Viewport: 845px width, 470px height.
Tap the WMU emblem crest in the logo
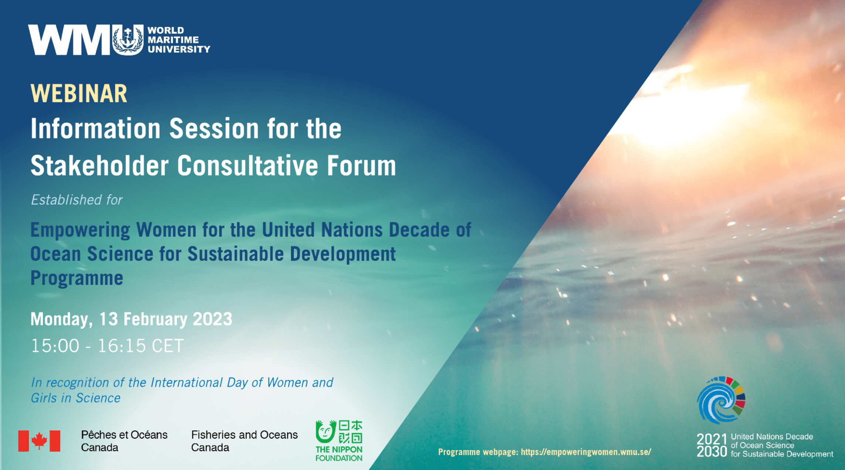(x=128, y=40)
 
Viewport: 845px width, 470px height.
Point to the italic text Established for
(x=77, y=200)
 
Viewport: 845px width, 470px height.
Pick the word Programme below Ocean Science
(x=77, y=278)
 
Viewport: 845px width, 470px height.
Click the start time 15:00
(x=55, y=346)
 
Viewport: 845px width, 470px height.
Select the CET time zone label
(x=167, y=346)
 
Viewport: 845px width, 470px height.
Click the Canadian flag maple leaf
(x=39, y=441)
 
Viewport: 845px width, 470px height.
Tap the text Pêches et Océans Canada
(x=124, y=441)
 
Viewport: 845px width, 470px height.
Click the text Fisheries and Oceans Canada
(x=244, y=441)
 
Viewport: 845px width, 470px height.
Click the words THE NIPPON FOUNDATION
(x=339, y=454)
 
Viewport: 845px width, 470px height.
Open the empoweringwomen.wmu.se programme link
(x=586, y=452)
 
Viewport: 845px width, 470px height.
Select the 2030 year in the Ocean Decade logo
(x=712, y=452)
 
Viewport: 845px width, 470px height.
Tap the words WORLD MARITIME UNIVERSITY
(x=179, y=40)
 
